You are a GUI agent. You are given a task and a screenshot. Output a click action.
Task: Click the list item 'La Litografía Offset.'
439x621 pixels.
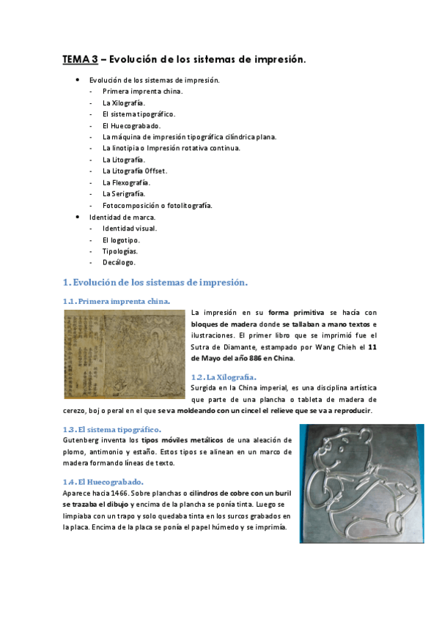click(x=135, y=171)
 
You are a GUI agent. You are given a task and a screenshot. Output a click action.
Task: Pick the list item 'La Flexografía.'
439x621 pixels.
click(x=126, y=182)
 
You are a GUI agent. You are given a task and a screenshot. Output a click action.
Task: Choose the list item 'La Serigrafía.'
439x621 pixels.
click(x=123, y=194)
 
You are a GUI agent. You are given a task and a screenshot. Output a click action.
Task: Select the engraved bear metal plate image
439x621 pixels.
click(x=361, y=484)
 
